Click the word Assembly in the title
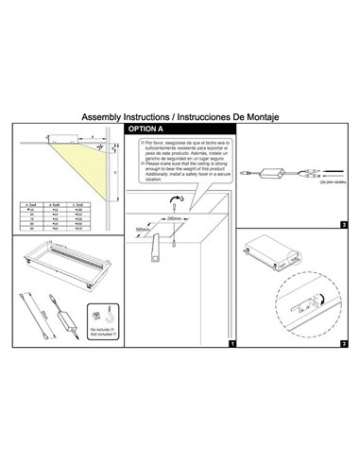[x=103, y=116]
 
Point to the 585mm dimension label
[x=143, y=228]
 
